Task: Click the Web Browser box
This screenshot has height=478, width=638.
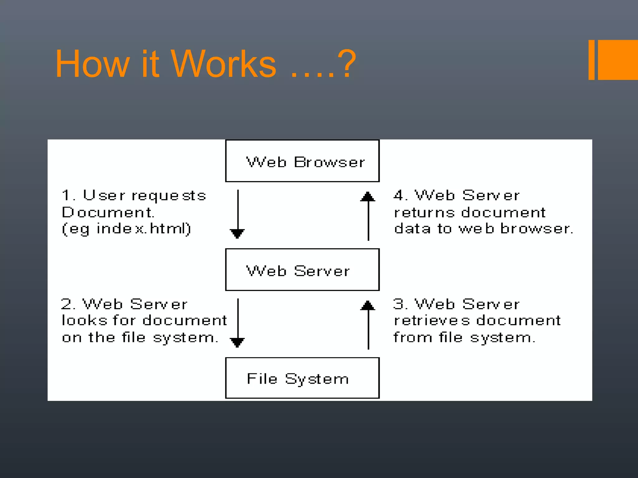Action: (302, 161)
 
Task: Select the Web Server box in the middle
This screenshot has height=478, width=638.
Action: (302, 270)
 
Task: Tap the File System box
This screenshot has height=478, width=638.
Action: (302, 378)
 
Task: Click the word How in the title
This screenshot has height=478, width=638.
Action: (92, 64)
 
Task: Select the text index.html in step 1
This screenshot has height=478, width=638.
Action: (143, 229)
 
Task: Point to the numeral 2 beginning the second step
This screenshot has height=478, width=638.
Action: (67, 304)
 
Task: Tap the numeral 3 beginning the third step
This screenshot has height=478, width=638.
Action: (399, 304)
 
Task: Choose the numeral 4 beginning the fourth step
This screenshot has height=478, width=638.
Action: (399, 195)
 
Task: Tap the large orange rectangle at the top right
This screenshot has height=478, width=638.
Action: (618, 60)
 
